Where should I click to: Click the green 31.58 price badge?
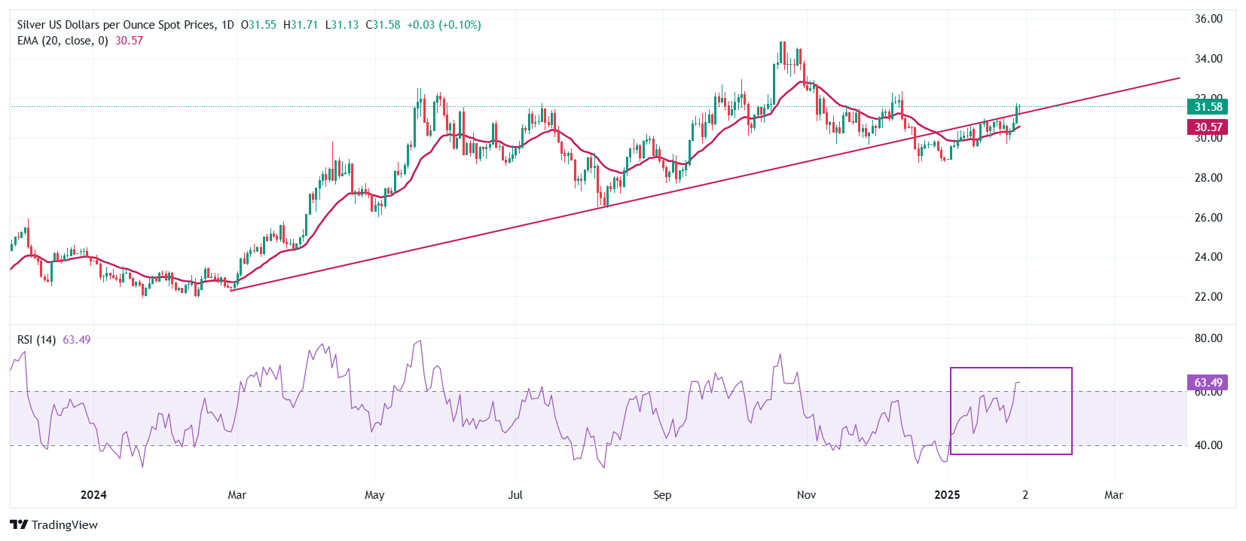[1208, 107]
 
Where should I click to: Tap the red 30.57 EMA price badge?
[1208, 127]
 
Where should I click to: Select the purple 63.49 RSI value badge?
[1208, 383]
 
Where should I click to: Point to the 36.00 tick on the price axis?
[1208, 19]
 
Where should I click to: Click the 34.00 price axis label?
[1208, 59]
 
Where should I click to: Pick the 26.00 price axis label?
[1208, 218]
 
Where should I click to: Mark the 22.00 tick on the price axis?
[1208, 297]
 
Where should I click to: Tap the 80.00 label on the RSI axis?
[1208, 338]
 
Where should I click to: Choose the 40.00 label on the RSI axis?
[1208, 445]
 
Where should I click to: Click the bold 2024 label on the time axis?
[93, 495]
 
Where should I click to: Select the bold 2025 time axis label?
[947, 495]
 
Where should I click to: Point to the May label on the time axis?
[374, 495]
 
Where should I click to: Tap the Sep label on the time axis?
[662, 495]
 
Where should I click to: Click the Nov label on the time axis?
[807, 495]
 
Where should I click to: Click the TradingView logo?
[54, 525]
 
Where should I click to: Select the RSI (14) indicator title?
[36, 340]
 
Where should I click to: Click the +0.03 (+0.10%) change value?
[444, 25]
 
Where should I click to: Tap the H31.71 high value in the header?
[301, 25]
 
